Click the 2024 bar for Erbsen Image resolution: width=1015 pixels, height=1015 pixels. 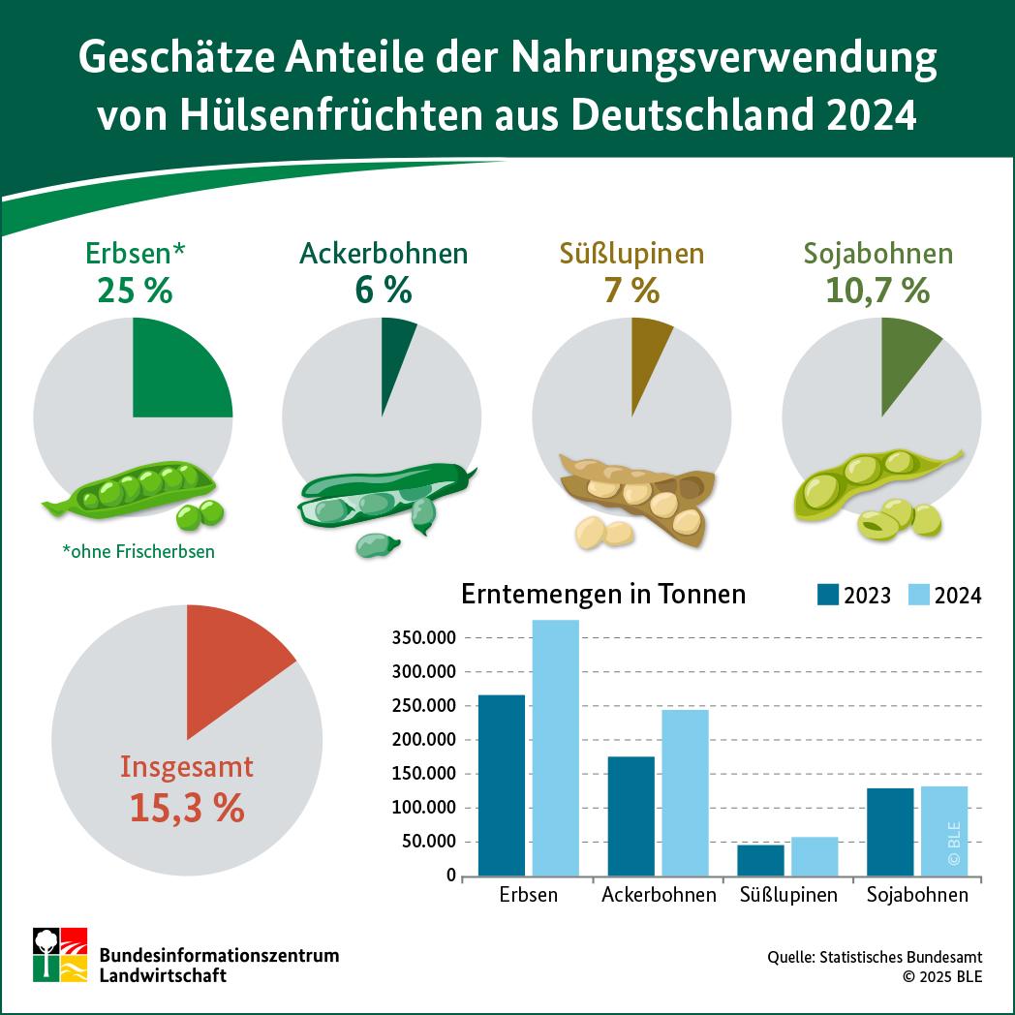pos(555,747)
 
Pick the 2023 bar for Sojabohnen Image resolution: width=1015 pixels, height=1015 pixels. pos(889,831)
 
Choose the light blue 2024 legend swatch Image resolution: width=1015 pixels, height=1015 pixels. pos(919,595)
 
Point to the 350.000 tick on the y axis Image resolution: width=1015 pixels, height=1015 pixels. pos(423,638)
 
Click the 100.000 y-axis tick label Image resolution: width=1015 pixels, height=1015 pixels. pos(423,808)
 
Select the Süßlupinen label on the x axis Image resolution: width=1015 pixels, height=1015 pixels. pos(787,895)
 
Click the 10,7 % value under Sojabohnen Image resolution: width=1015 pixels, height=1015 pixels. pos(877,290)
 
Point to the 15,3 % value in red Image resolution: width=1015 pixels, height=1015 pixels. pos(186,808)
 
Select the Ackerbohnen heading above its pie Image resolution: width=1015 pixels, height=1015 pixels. pos(383,254)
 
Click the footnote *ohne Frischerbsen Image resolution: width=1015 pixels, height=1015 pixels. pos(138,552)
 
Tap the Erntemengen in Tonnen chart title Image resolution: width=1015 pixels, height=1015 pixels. pos(603,594)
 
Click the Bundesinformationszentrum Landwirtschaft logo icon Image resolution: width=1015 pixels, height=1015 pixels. pos(60,954)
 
